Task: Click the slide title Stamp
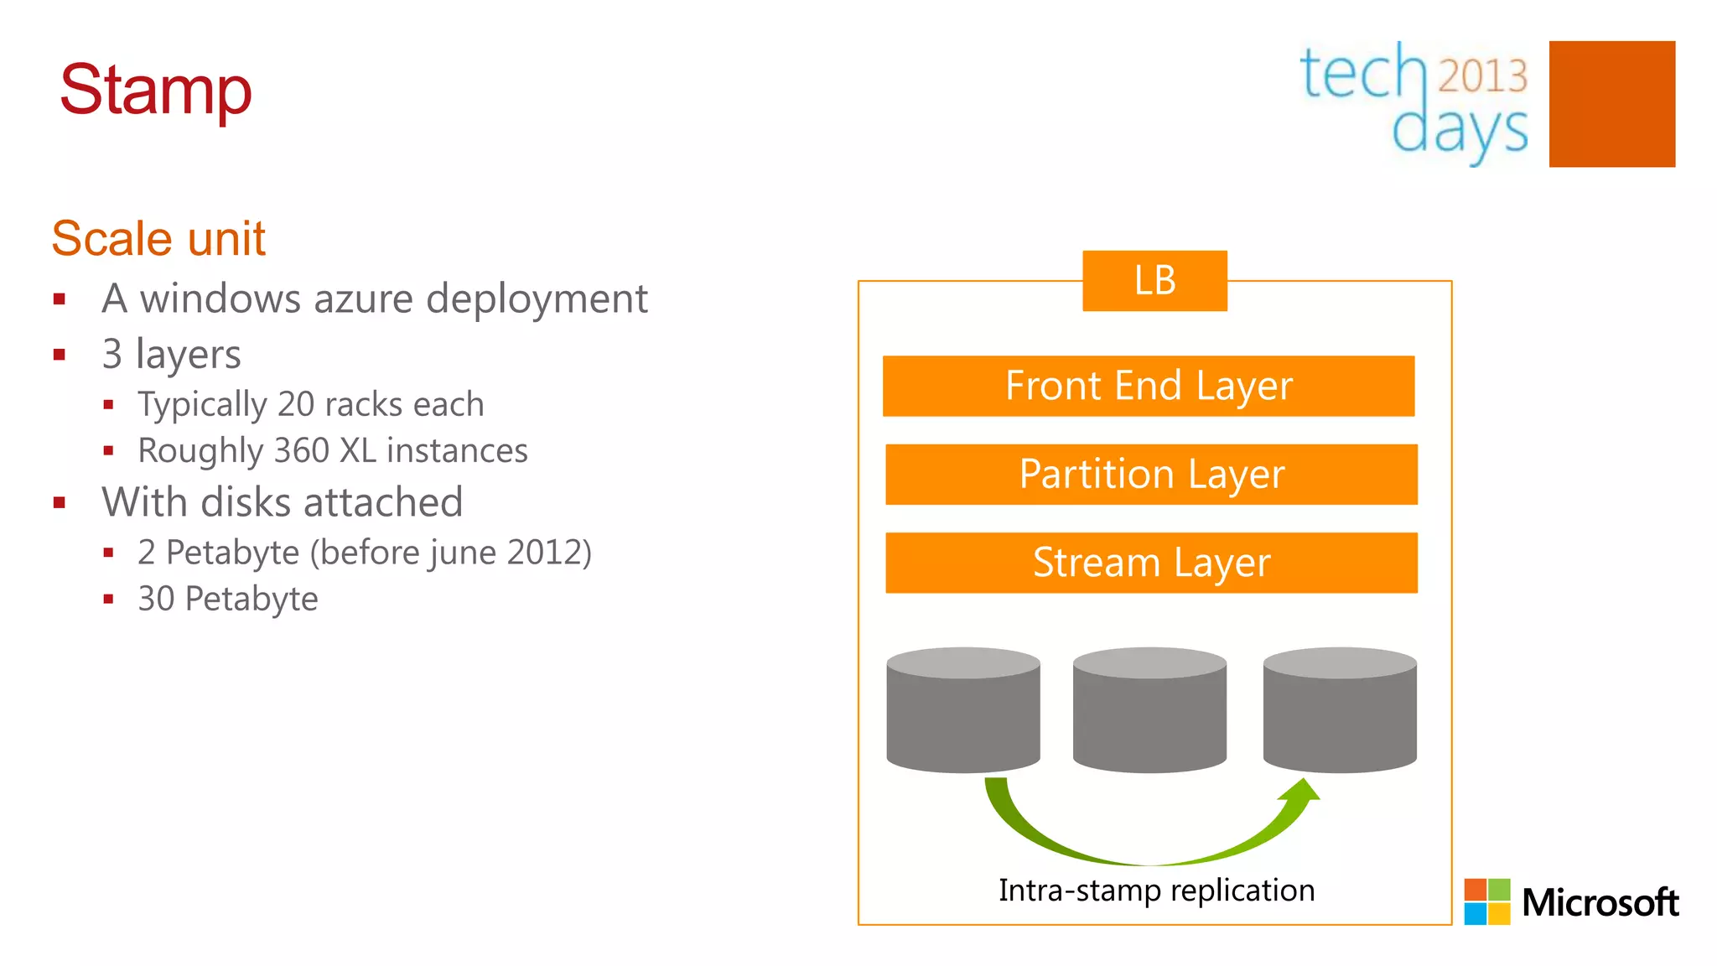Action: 156,90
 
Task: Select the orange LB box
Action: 1154,281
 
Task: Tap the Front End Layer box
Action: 1149,386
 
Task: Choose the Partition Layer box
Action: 1151,475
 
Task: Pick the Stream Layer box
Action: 1151,563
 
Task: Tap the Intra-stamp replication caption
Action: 1156,891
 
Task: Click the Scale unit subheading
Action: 158,238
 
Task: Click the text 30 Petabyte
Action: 228,600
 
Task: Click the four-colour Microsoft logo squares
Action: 1487,901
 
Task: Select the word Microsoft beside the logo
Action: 1600,903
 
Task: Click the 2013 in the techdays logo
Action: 1483,75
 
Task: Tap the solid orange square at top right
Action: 1611,104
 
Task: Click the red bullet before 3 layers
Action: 60,355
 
